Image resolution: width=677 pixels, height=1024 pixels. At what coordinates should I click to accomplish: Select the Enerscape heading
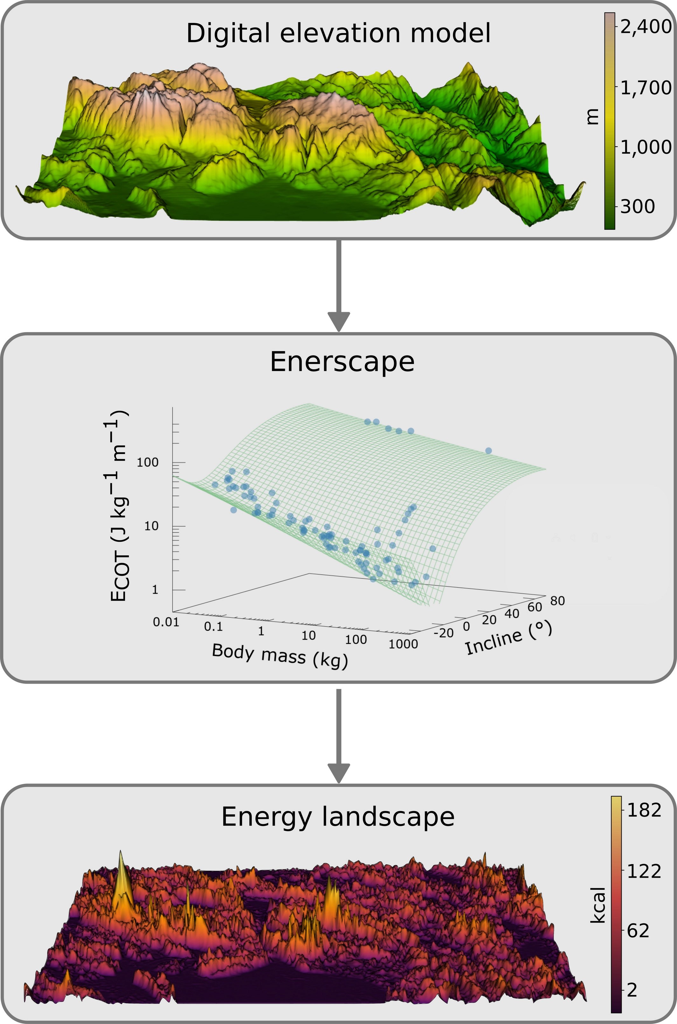click(342, 362)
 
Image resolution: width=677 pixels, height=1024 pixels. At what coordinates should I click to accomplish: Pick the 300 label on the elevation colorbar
click(638, 207)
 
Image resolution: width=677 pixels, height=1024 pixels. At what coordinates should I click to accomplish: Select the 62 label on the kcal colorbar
click(638, 931)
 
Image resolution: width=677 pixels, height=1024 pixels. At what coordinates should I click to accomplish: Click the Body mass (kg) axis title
click(280, 656)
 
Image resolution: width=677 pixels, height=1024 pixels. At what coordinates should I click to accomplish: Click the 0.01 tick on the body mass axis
click(166, 622)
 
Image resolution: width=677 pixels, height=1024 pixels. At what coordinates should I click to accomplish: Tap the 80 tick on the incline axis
click(557, 601)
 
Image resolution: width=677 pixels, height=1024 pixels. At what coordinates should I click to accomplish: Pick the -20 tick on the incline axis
click(443, 633)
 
